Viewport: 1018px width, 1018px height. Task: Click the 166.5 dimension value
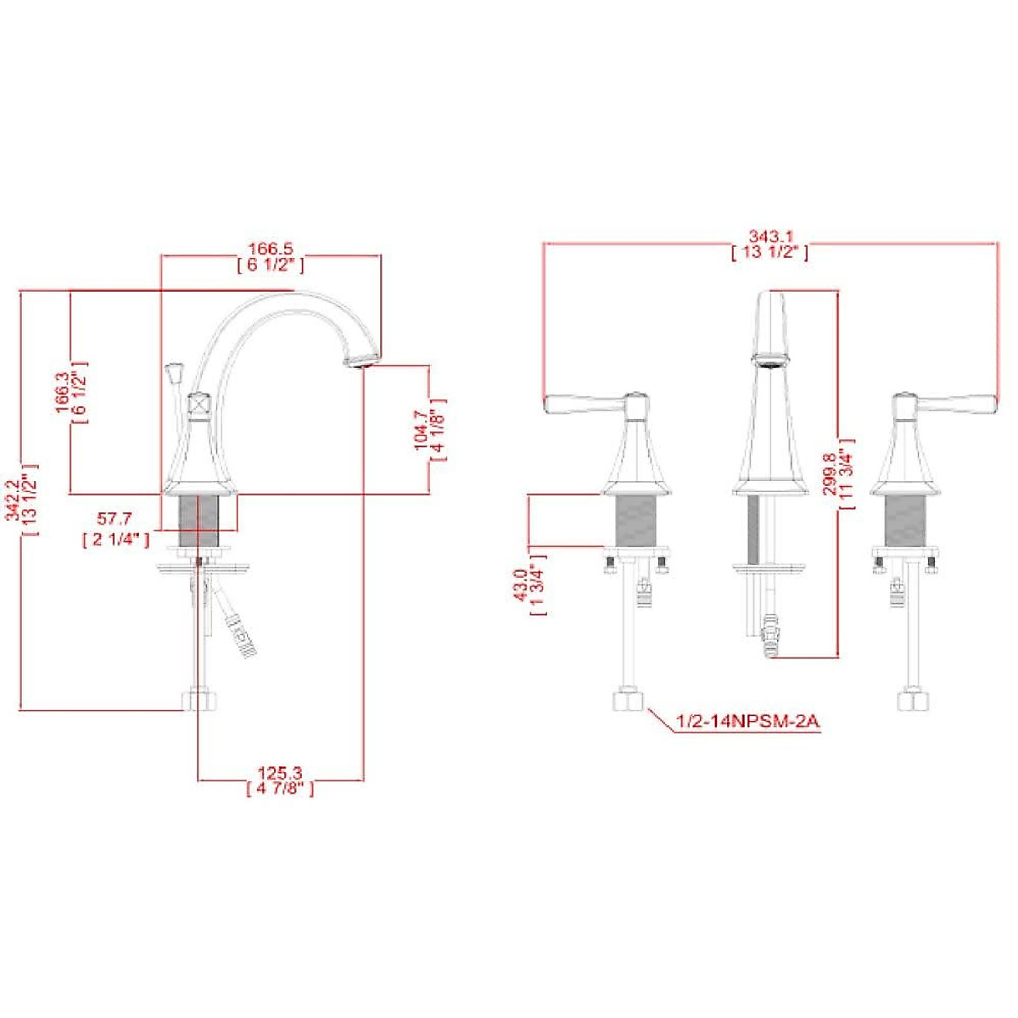coord(270,249)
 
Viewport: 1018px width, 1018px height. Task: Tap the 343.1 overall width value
coord(769,235)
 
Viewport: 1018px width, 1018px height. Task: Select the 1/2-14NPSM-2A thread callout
coord(747,722)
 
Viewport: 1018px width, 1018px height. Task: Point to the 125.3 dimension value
coord(280,773)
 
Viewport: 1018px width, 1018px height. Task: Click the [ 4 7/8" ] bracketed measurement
coord(280,789)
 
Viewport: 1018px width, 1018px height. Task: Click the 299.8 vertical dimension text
coord(832,472)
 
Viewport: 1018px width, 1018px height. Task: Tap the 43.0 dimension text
coord(522,585)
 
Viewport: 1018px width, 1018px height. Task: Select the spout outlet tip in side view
coord(361,360)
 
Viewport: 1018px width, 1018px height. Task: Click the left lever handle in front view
coord(585,404)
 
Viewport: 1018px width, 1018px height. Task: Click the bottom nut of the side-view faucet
coord(200,701)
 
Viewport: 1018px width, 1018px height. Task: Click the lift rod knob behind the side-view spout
coord(176,372)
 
